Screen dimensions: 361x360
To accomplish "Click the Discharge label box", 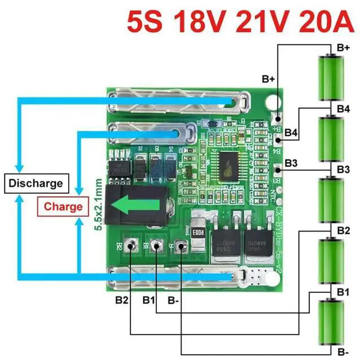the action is pos(36,183).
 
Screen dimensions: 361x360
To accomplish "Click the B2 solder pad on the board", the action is pos(131,246).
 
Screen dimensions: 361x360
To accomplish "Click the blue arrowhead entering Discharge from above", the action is pos(20,168).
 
